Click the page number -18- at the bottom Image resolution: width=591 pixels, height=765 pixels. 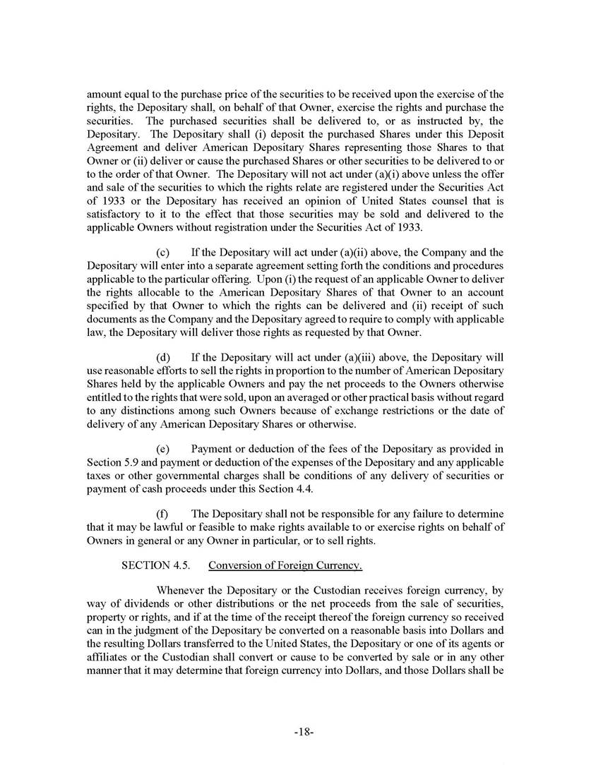[303, 733]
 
